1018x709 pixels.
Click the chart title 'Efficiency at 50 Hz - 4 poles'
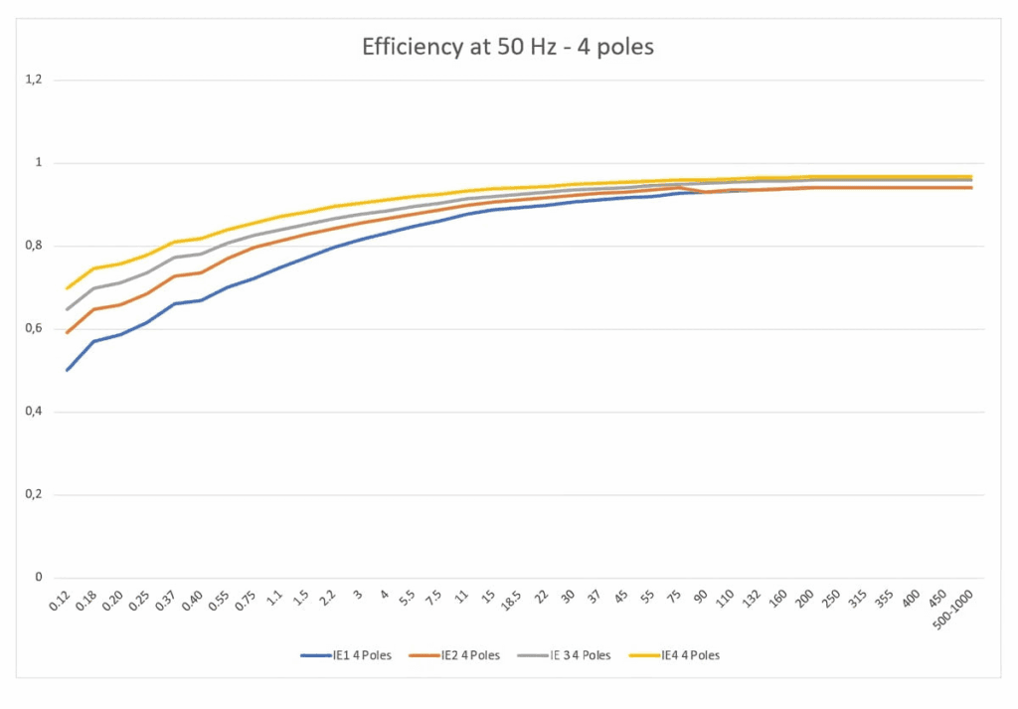(x=508, y=47)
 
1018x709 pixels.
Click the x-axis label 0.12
(x=65, y=601)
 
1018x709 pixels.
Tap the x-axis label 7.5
(x=433, y=599)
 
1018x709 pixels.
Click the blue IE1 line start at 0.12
(x=68, y=370)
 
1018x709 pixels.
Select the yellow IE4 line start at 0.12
(x=68, y=288)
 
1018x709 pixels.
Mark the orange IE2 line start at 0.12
(x=68, y=332)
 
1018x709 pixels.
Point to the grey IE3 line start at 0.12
(x=68, y=309)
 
